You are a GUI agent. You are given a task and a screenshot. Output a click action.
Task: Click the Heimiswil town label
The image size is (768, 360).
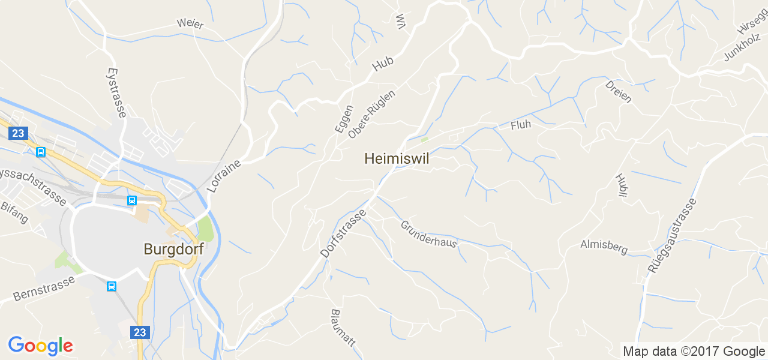[397, 158]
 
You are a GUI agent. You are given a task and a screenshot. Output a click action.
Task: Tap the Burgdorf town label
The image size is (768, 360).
[173, 248]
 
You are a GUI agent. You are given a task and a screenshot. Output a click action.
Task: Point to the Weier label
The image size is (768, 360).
[190, 24]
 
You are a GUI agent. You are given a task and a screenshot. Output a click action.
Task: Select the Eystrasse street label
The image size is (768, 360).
[116, 92]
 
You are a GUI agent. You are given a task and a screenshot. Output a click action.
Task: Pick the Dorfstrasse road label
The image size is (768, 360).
[343, 233]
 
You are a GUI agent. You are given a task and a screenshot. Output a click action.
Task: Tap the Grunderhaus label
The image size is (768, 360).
[428, 234]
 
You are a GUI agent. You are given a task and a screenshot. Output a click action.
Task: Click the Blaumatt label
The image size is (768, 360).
[343, 328]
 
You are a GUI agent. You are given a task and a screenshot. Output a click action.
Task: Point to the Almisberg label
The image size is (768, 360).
[604, 246]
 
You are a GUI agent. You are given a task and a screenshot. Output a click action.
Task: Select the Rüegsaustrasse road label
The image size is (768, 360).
[672, 236]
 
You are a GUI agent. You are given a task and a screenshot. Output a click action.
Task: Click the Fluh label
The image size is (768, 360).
[521, 125]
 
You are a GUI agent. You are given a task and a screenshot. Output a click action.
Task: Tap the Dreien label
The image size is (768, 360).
[619, 91]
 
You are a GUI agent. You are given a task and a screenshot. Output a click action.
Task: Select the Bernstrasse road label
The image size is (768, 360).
[44, 289]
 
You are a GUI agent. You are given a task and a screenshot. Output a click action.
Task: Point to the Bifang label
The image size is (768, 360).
[14, 212]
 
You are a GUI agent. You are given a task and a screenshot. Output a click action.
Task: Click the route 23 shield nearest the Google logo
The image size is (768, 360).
[140, 332]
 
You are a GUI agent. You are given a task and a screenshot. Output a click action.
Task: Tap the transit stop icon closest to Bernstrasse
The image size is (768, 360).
[112, 286]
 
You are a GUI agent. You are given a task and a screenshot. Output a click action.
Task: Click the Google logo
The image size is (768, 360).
[40, 346]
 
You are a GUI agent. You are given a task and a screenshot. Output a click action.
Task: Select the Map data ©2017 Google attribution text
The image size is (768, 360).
[694, 352]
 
